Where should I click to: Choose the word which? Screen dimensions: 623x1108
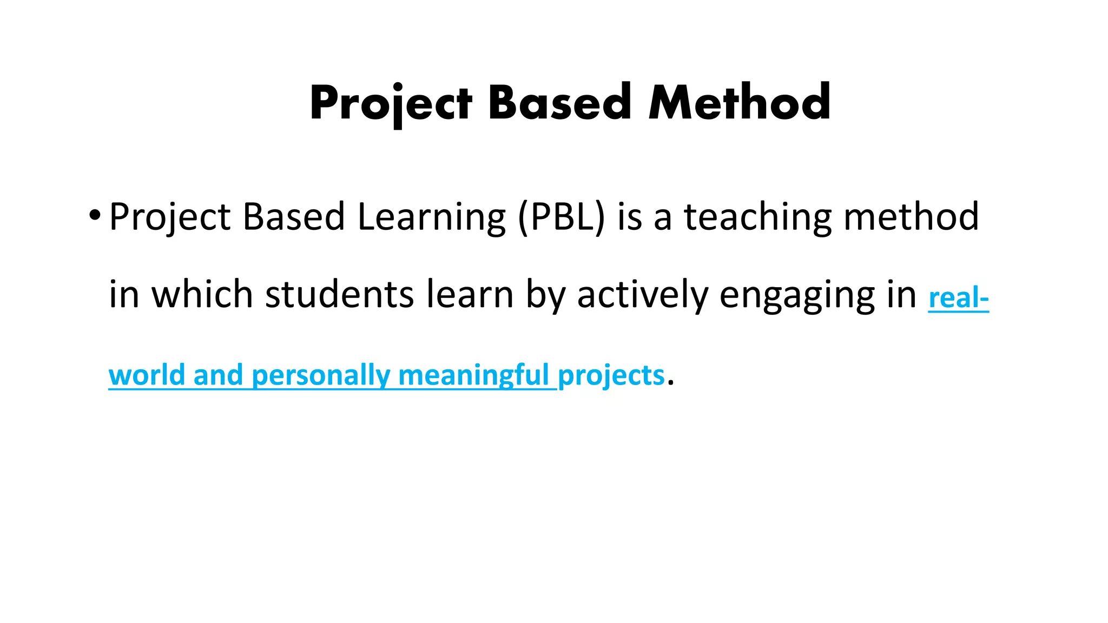202,295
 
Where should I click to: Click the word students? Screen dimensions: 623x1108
339,295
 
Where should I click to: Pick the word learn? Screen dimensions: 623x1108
470,295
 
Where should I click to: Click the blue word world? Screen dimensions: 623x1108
146,375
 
